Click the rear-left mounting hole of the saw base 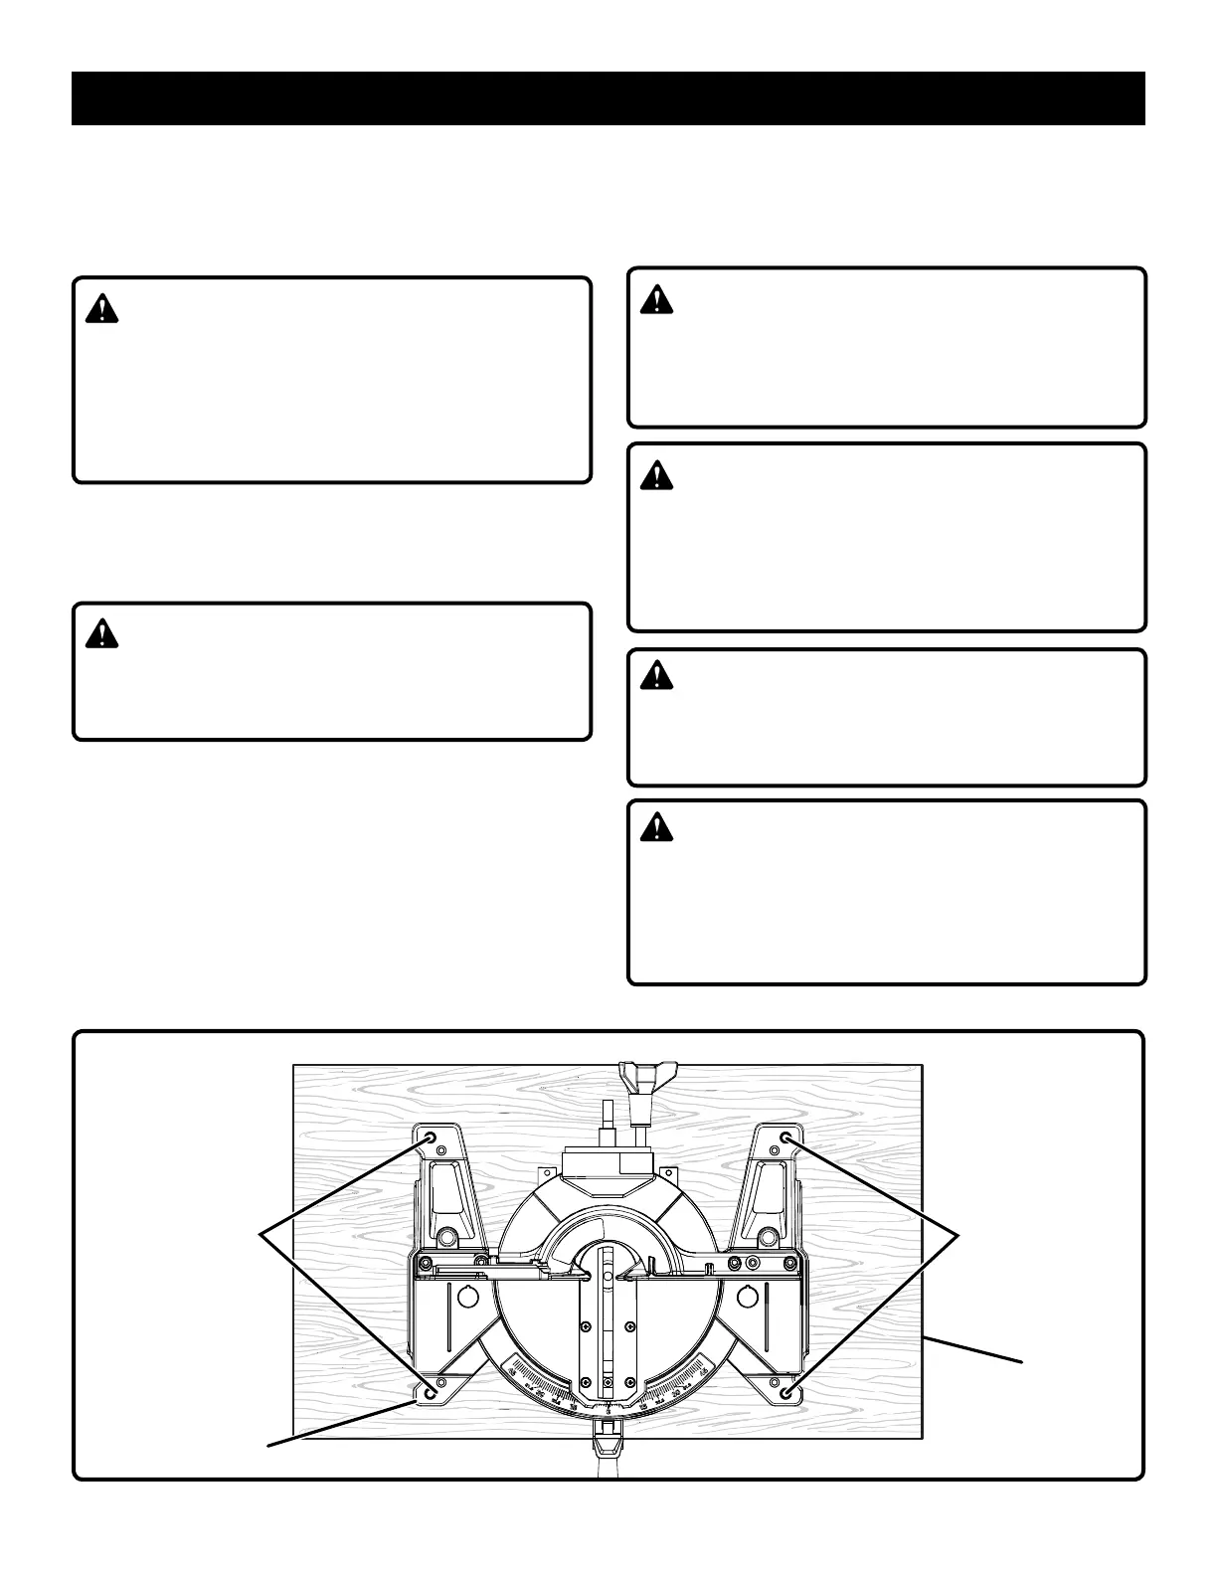pos(430,1137)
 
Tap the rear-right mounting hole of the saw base pos(785,1137)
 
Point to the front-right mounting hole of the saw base pos(786,1393)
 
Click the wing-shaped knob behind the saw pos(646,1077)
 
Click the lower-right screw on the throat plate pos(630,1380)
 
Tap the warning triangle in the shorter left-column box pos(101,633)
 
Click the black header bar pos(608,98)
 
